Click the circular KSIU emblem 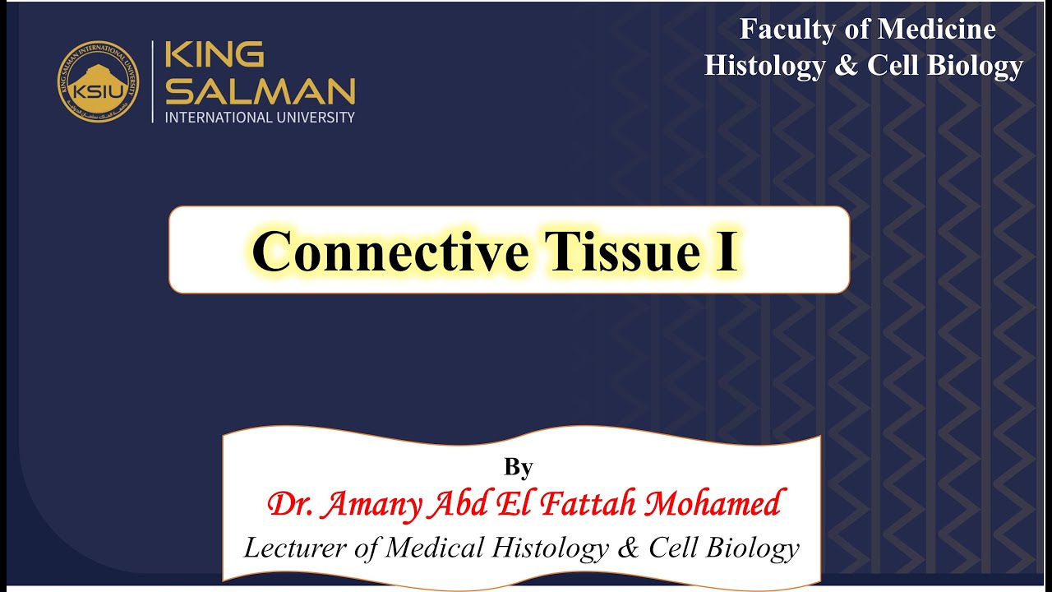tap(98, 81)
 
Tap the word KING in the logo tap(215, 56)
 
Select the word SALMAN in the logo tap(261, 90)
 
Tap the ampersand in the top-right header tap(846, 66)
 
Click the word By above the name tap(519, 467)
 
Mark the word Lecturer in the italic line tap(298, 548)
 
